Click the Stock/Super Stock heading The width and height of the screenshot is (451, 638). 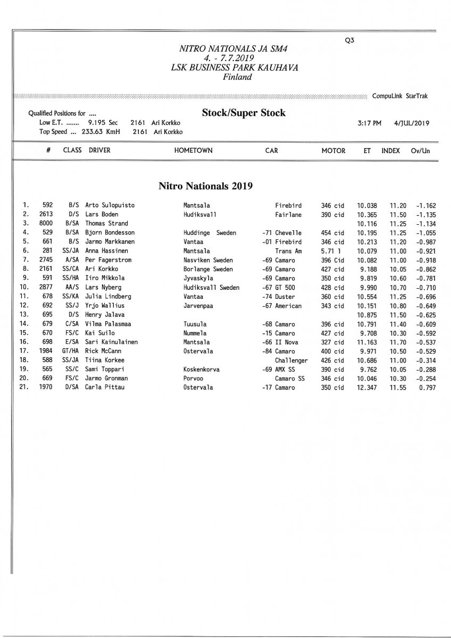pos(244,113)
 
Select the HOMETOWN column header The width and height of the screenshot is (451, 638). pos(193,150)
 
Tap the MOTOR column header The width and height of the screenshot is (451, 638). pos(333,150)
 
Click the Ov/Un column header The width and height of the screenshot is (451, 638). pos(420,150)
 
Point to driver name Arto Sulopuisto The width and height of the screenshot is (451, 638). pos(110,205)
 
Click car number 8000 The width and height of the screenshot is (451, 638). pos(46,223)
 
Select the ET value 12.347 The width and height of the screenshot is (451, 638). pos(366,388)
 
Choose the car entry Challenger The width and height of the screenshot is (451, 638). pos(291,360)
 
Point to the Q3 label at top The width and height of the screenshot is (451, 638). pos(349,40)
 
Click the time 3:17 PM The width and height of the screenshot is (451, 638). pos(370,123)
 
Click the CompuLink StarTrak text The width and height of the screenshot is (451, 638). pos(399,96)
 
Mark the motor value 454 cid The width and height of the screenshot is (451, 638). pos(332,233)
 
